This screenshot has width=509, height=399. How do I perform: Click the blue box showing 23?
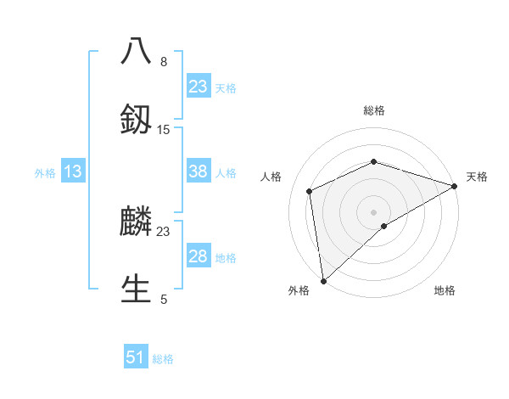pos(199,86)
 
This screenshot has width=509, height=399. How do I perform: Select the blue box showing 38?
pos(199,171)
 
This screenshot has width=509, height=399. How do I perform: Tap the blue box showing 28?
pos(199,256)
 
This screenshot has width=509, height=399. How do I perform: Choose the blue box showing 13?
pos(73,171)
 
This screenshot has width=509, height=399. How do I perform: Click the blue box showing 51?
pos(136,357)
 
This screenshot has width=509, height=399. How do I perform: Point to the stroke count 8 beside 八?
pos(164,62)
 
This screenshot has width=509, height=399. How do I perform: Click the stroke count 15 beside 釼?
pos(164,130)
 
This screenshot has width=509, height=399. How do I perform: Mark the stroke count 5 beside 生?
pos(164,299)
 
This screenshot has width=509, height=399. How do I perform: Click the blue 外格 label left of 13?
pos(45,173)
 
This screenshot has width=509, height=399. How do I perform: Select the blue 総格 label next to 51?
pos(163,359)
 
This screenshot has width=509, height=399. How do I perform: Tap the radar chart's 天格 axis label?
pos(477,177)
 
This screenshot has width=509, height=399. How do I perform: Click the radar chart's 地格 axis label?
pos(445,290)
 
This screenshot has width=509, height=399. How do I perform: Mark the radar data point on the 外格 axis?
pos(323,280)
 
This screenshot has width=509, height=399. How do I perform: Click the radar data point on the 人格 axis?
pos(310,191)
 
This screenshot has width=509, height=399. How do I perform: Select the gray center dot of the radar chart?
pos(374,211)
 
